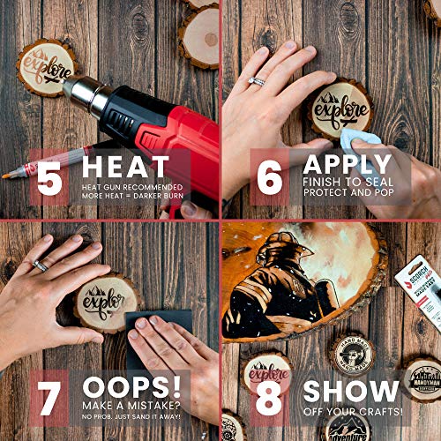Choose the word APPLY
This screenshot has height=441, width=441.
[348, 165]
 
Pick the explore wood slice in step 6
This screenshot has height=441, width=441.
[340, 110]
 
